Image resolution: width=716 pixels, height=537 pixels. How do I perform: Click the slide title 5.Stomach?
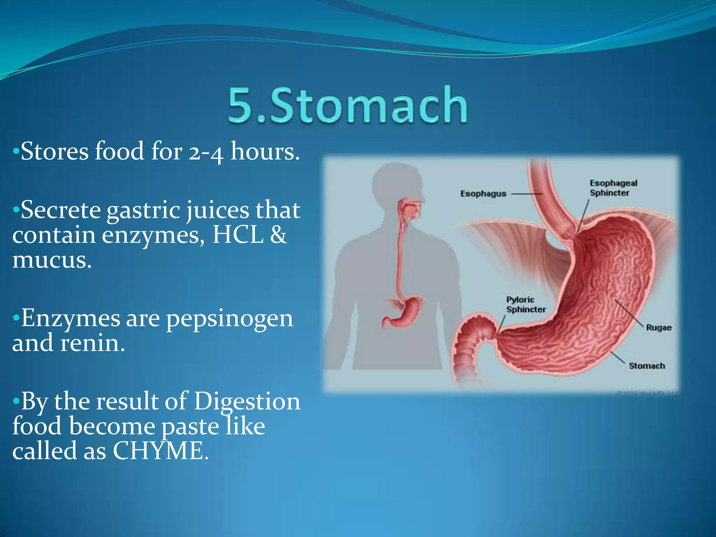click(348, 105)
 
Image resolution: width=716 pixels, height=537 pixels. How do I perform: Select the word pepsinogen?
click(229, 319)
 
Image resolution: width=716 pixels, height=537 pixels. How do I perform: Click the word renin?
click(92, 343)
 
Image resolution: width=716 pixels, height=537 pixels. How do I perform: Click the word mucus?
click(52, 260)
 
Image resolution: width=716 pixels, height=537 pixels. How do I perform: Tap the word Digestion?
click(247, 401)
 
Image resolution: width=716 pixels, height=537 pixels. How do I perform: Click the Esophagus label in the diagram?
click(483, 194)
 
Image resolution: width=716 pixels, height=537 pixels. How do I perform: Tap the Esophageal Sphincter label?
click(613, 188)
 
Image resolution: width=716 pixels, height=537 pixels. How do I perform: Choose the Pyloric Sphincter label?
click(525, 305)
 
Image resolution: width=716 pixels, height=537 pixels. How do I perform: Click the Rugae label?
click(659, 328)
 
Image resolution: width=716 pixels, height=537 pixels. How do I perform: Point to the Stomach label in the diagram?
click(647, 366)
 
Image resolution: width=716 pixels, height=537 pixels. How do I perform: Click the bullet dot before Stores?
click(16, 152)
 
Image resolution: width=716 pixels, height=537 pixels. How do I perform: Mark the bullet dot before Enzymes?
click(16, 318)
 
